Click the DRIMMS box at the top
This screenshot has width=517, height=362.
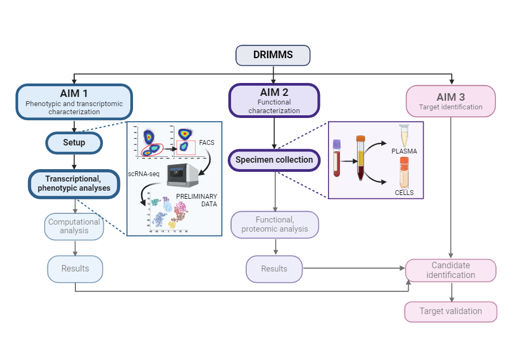pyautogui.click(x=273, y=55)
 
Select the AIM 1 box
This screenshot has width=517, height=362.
pyautogui.click(x=74, y=101)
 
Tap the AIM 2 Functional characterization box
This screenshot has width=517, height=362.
pyautogui.click(x=274, y=100)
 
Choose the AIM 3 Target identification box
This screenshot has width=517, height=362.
pyautogui.click(x=451, y=101)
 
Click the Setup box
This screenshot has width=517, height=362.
pyautogui.click(x=74, y=143)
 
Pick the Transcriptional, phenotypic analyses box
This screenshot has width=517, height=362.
pyautogui.click(x=74, y=184)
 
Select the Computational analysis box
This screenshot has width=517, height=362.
pyautogui.click(x=74, y=227)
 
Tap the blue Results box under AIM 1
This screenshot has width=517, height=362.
pyautogui.click(x=75, y=269)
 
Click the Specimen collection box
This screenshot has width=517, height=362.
pyautogui.click(x=274, y=160)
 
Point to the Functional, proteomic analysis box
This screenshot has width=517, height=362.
pyautogui.click(x=275, y=225)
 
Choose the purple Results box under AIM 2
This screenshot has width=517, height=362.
pyautogui.click(x=274, y=269)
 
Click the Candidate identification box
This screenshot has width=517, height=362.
pyautogui.click(x=451, y=270)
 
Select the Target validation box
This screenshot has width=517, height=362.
pyautogui.click(x=451, y=311)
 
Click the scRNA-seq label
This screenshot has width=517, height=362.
pyautogui.click(x=143, y=174)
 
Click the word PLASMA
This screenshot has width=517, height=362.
pyautogui.click(x=404, y=151)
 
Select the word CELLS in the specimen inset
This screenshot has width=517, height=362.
pyautogui.click(x=404, y=192)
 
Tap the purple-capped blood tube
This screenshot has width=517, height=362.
pyautogui.click(x=337, y=158)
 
